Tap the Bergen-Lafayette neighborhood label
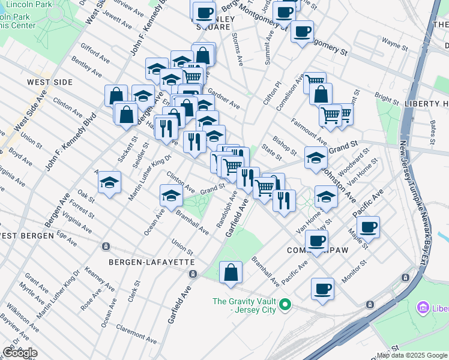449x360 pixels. pos(151,262)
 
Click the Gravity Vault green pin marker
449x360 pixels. pos(286,305)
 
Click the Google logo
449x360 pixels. pos(19,353)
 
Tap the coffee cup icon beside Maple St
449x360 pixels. pos(368,227)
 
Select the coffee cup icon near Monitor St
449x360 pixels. pos(322,289)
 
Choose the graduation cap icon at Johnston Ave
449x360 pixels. pos(316,158)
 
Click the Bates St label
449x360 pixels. pos(433,128)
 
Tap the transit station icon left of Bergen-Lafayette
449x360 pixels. pos(106,246)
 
